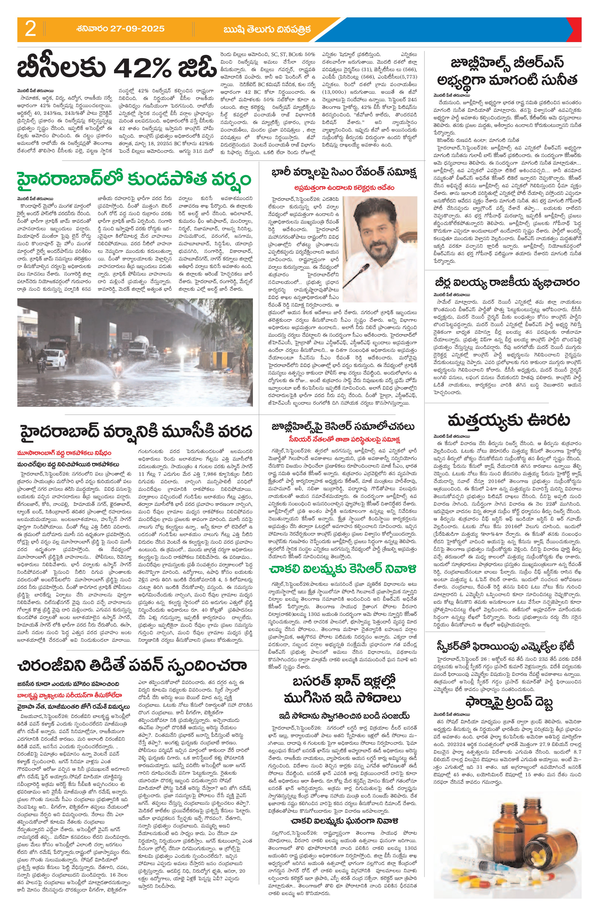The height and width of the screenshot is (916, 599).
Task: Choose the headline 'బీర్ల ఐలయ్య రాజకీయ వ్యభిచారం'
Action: pos(502,283)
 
